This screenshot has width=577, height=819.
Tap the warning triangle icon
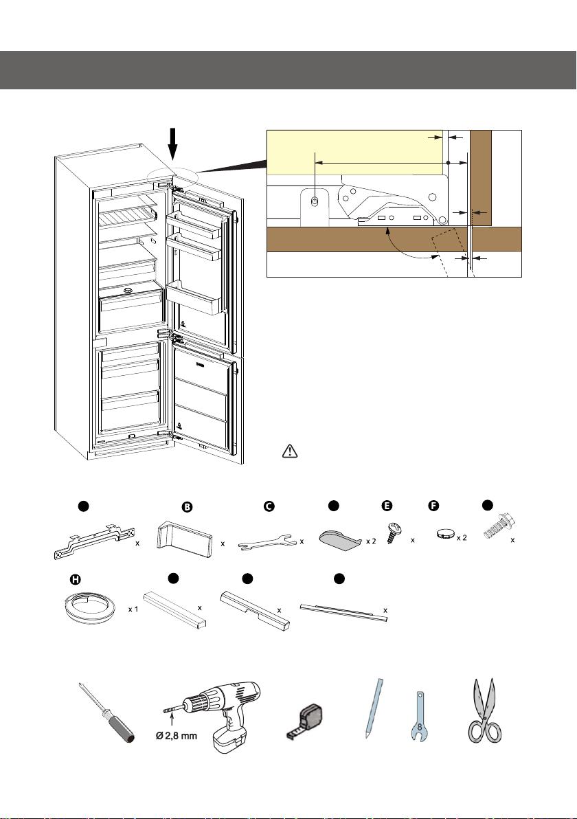point(290,451)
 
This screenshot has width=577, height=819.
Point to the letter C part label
point(269,506)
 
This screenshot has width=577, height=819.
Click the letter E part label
point(387,506)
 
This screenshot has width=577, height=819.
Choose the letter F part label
point(433,506)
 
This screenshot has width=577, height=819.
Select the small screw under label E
point(396,533)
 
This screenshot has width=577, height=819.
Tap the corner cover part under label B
point(182,535)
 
